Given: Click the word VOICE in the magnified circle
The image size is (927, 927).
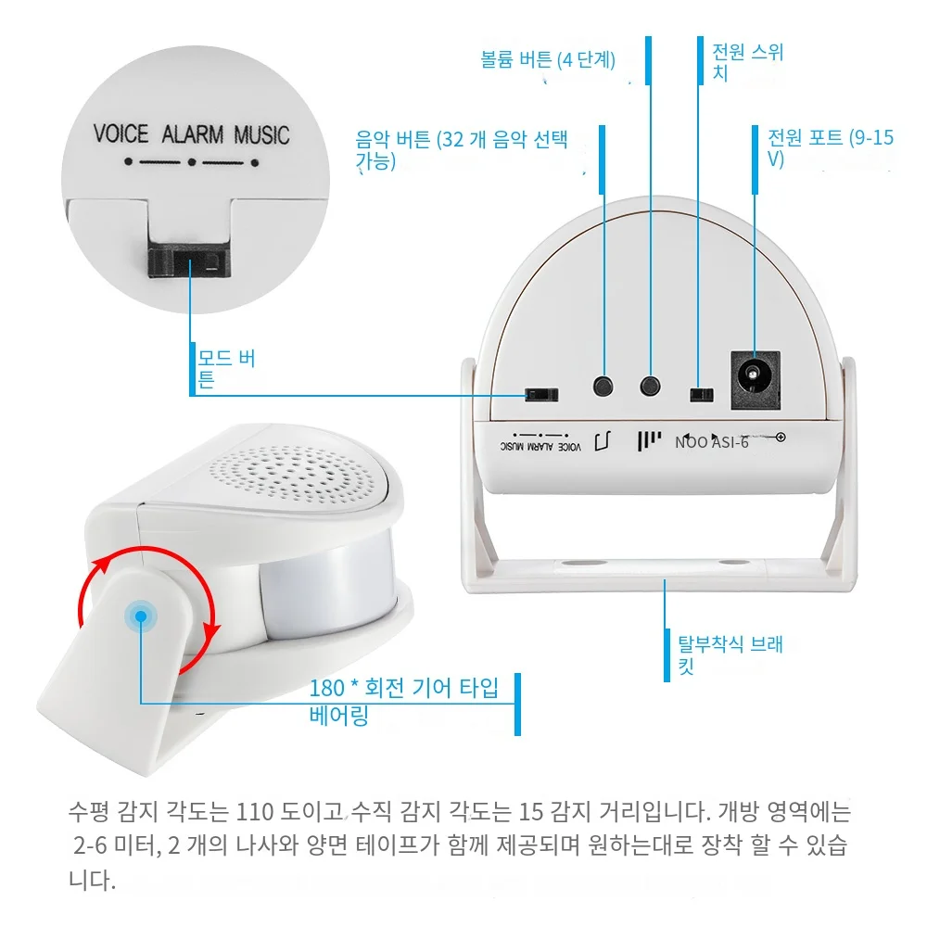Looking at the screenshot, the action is (x=121, y=134).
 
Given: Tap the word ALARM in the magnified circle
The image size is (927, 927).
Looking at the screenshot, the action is (x=193, y=134).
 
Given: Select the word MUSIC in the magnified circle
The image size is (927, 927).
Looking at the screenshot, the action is (x=262, y=134).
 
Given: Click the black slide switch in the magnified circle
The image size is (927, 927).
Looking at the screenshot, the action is (x=188, y=262).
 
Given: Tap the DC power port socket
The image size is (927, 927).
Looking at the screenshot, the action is (x=755, y=380).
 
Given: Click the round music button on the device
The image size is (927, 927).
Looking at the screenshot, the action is (x=603, y=387).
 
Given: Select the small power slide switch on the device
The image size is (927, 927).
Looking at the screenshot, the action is (x=701, y=394).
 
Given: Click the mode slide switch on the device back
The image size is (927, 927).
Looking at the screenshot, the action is (x=541, y=394).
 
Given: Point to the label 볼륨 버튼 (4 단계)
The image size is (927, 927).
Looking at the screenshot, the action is (x=548, y=59).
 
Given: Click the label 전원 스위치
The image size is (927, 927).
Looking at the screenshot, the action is (x=747, y=62).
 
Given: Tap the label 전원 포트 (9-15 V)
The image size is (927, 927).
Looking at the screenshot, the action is (x=831, y=147).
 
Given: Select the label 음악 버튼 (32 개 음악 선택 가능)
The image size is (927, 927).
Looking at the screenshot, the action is (x=461, y=150).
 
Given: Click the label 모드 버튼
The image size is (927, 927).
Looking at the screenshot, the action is (x=226, y=368).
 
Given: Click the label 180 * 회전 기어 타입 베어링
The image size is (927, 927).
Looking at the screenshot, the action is (x=404, y=702).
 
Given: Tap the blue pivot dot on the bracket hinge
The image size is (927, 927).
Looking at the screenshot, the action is (x=141, y=616).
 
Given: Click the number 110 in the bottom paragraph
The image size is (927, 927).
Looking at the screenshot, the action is (x=254, y=812).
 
